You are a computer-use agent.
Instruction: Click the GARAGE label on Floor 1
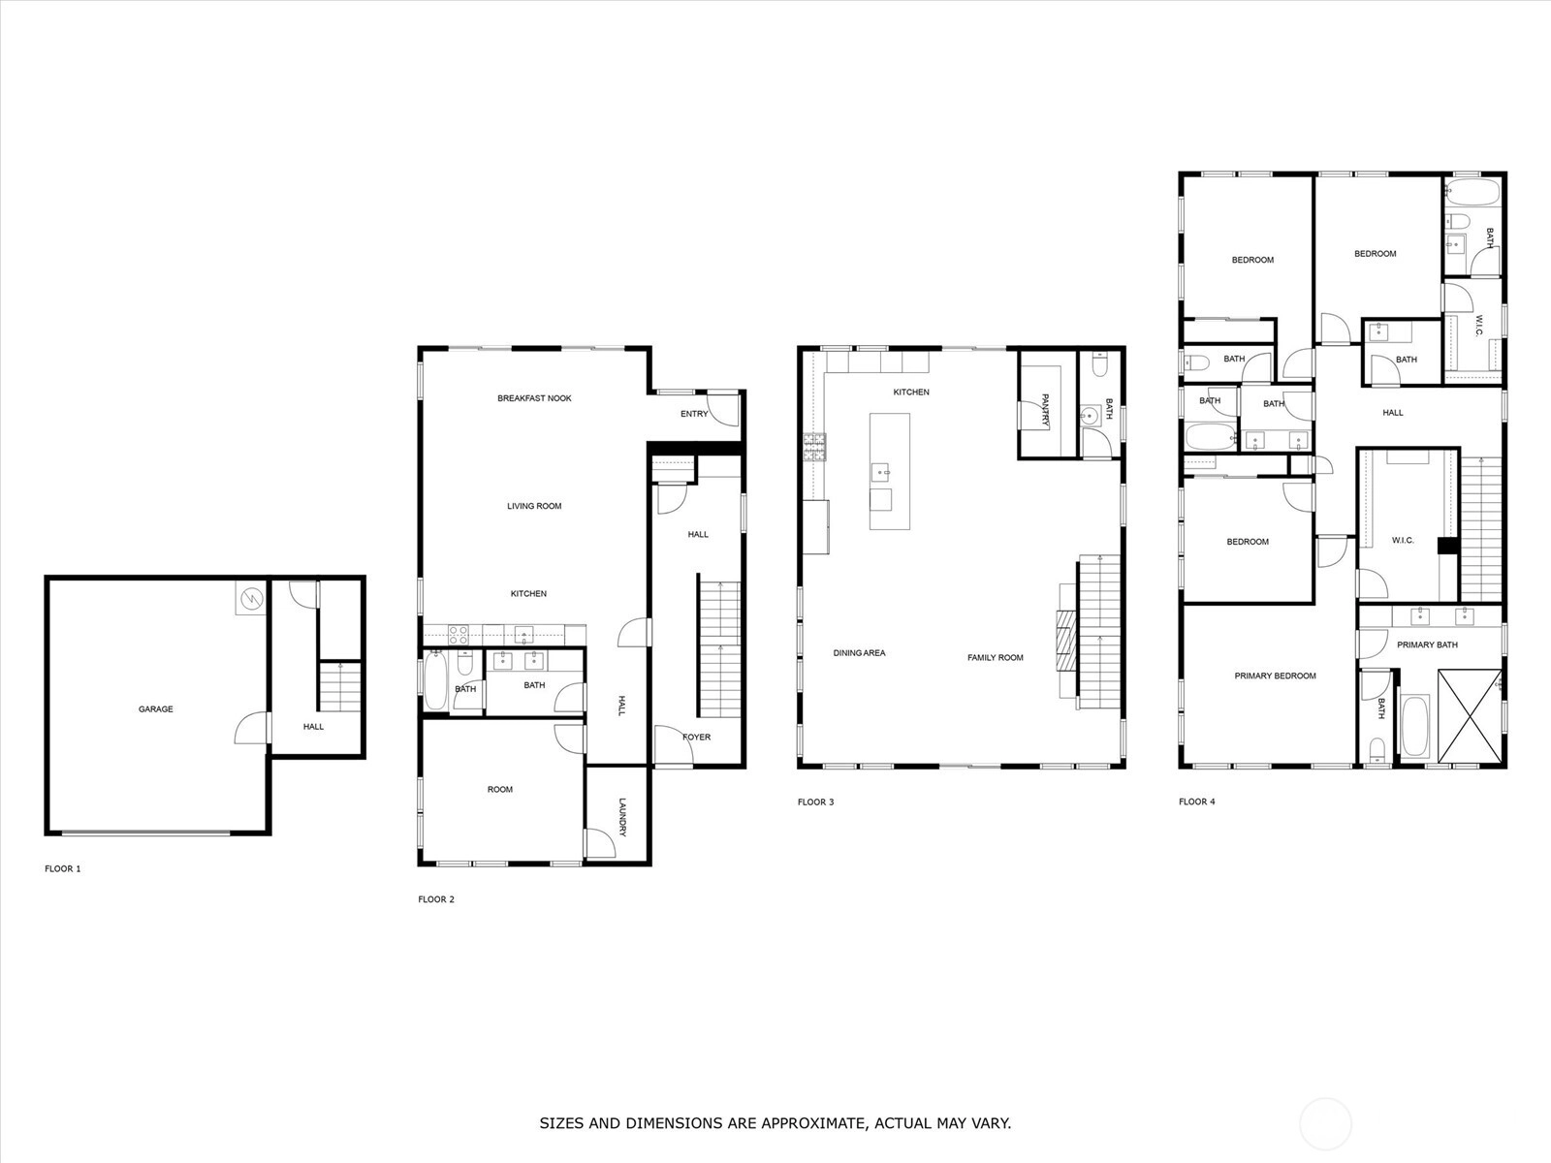click(x=155, y=709)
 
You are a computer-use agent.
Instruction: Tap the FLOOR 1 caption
click(x=63, y=868)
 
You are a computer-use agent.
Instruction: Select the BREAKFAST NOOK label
click(x=534, y=398)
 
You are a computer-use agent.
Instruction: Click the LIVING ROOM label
click(x=534, y=506)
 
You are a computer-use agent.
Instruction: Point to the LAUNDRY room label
click(x=622, y=817)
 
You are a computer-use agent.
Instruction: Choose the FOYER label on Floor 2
click(x=697, y=738)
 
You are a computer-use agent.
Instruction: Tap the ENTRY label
click(x=694, y=414)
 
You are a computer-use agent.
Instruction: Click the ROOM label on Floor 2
click(x=499, y=790)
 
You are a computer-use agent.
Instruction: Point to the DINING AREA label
click(x=859, y=653)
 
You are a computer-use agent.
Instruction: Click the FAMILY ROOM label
click(x=995, y=657)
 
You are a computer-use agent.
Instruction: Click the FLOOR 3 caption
click(x=815, y=802)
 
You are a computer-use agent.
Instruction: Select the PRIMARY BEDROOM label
click(x=1275, y=676)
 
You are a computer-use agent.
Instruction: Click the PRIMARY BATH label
click(x=1427, y=644)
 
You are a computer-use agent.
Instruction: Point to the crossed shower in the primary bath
click(x=1470, y=716)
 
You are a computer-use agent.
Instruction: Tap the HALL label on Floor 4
click(x=1393, y=413)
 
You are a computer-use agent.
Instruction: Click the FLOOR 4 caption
click(x=1197, y=802)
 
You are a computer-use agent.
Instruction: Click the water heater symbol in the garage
click(x=251, y=599)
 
